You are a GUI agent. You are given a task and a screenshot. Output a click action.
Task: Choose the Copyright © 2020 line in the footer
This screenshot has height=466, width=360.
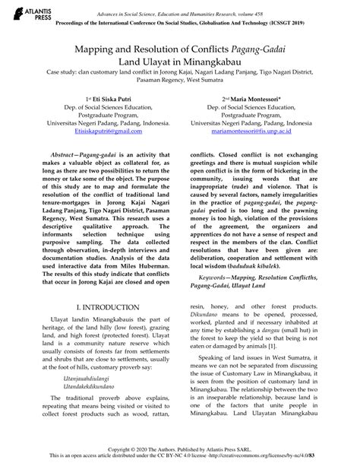(179, 448)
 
